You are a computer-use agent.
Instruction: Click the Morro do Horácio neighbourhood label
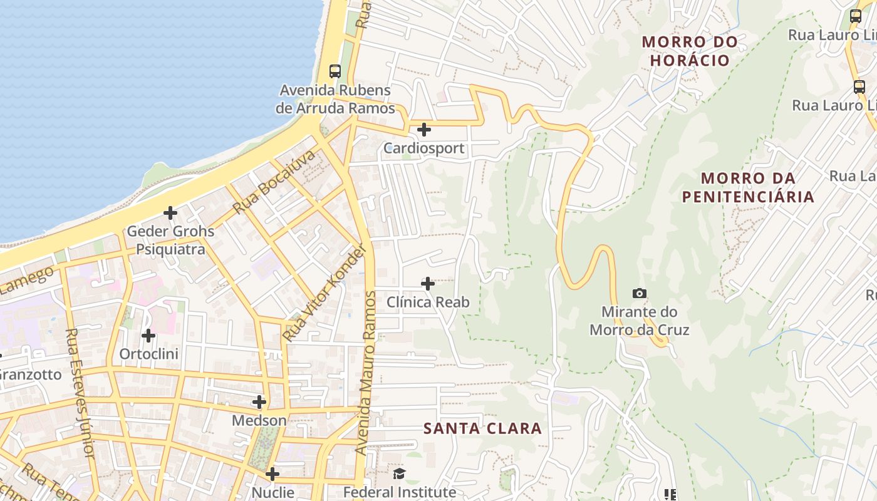tap(690, 51)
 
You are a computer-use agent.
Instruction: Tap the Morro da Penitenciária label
tap(748, 187)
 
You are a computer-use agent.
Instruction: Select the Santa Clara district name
tap(482, 428)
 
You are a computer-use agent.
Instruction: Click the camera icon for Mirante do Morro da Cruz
tap(639, 293)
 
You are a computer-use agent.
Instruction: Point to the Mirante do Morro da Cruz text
tap(639, 321)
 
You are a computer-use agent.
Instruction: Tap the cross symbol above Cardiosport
tap(424, 130)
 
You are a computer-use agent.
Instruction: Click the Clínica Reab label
tap(428, 302)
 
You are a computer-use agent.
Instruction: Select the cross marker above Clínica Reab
tap(428, 284)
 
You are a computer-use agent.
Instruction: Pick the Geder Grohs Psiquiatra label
tap(170, 240)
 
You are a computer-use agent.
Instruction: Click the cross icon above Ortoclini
tap(148, 336)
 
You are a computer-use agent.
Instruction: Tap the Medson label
tap(259, 420)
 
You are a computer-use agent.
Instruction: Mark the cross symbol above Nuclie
tap(272, 474)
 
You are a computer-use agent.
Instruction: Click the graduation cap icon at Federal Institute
tap(399, 473)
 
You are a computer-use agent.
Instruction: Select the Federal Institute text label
tap(399, 492)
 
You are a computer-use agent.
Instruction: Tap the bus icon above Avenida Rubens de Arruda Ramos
tap(335, 71)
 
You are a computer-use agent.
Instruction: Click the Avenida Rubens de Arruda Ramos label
tap(335, 99)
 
